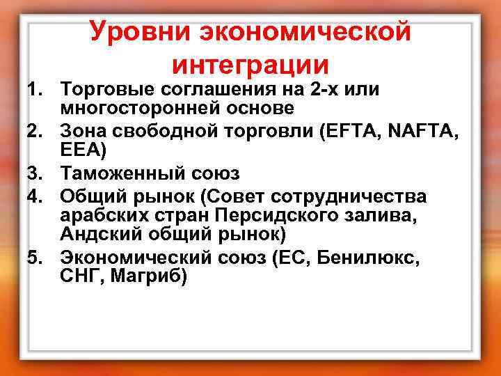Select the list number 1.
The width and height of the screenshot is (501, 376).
pyautogui.click(x=35, y=89)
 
